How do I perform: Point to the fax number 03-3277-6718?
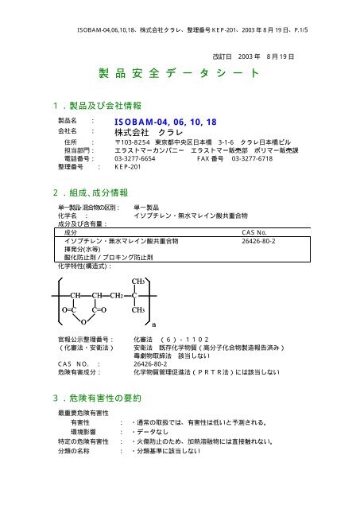click(257, 157)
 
